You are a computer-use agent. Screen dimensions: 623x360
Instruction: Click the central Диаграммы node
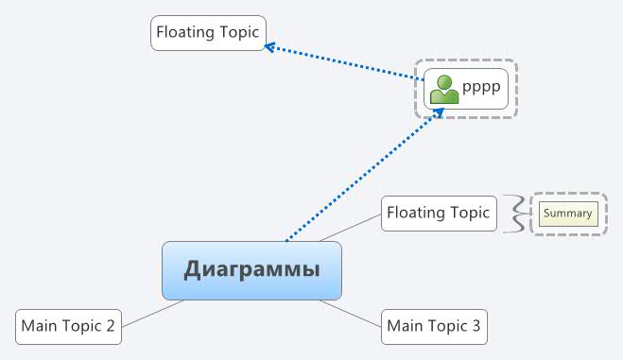pyautogui.click(x=251, y=270)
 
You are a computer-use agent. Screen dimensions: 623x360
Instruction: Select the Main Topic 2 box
pyautogui.click(x=69, y=326)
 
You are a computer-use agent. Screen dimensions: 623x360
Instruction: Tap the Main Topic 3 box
pyautogui.click(x=434, y=326)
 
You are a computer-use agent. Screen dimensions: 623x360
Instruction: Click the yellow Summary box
pyautogui.click(x=568, y=214)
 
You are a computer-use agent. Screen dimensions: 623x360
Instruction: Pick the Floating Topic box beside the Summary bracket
pyautogui.click(x=439, y=213)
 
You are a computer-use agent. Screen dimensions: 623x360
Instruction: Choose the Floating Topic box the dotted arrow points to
pyautogui.click(x=208, y=32)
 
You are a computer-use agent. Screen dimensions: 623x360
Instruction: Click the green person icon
pyautogui.click(x=444, y=90)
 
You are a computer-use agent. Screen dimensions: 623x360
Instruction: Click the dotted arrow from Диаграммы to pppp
pyautogui.click(x=364, y=174)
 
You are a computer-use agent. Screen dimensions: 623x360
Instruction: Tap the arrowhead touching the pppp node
pyautogui.click(x=440, y=111)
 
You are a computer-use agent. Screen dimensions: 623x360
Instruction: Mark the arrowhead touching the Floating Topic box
pyautogui.click(x=269, y=45)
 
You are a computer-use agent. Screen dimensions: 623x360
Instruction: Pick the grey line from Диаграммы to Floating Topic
pyautogui.click(x=349, y=228)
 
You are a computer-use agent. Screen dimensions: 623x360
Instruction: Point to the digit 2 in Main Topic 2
pyautogui.click(x=111, y=327)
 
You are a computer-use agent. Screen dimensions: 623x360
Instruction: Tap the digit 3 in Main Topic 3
pyautogui.click(x=476, y=327)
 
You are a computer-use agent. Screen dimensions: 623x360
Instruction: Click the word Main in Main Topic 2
pyautogui.click(x=39, y=327)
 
